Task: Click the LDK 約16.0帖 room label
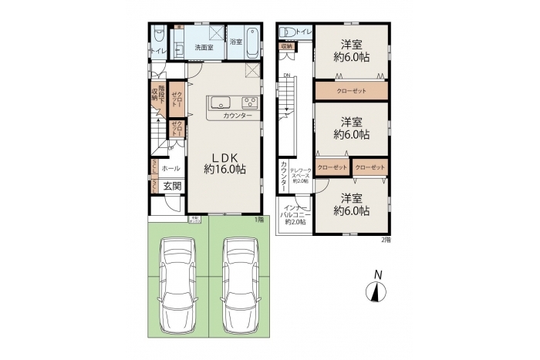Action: tap(224, 163)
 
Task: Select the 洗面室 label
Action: tap(204, 48)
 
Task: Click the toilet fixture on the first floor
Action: tap(157, 35)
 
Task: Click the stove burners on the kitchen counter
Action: tap(250, 103)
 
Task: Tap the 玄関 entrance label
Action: tap(172, 186)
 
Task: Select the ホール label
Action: tap(171, 168)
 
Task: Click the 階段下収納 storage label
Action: tap(155, 93)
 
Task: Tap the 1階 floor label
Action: tap(261, 220)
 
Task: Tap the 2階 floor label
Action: tap(386, 239)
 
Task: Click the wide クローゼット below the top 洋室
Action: tap(350, 91)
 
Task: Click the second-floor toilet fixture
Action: tap(289, 32)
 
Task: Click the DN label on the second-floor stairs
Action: tap(285, 75)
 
